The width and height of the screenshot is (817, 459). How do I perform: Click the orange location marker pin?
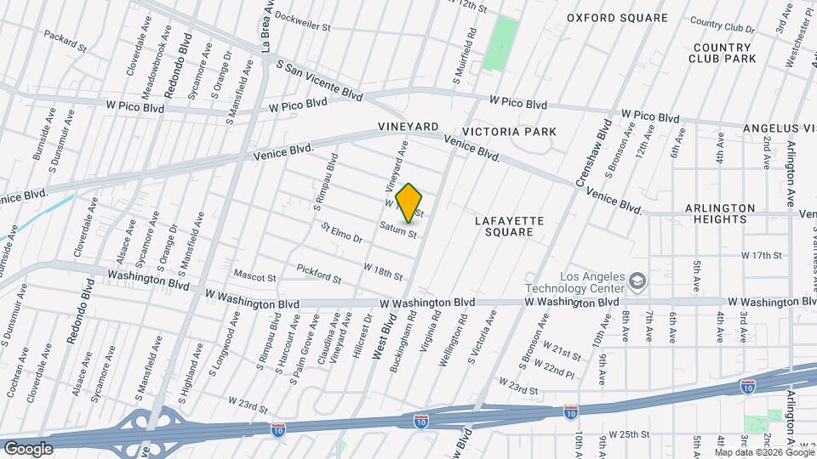(409, 202)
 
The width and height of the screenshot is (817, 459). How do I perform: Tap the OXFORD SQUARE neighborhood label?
(618, 17)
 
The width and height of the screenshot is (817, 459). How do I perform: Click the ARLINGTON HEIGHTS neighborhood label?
(721, 213)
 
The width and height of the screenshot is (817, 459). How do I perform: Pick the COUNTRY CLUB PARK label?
(724, 53)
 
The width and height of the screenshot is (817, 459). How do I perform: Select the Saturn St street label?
(397, 229)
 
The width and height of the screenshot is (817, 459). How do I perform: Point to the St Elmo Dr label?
(341, 232)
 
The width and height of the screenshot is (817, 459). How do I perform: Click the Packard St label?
(66, 42)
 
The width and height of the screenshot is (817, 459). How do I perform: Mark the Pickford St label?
(318, 274)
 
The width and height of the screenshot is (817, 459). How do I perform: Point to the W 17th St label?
(762, 255)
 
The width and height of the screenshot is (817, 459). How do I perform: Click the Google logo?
(27, 448)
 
